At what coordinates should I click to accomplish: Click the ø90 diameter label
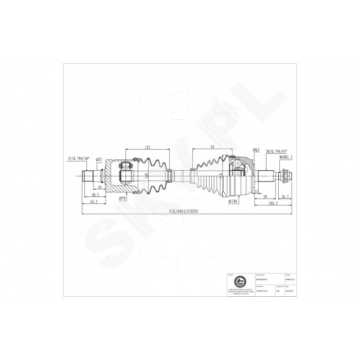(122, 198)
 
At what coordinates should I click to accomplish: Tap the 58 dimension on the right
(264, 196)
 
